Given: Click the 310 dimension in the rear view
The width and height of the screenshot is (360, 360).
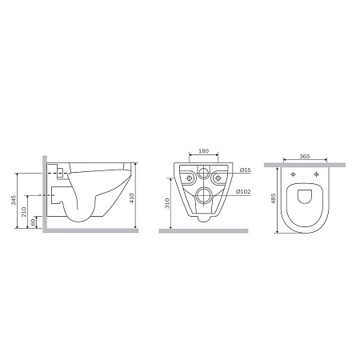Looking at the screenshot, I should [x=166, y=206].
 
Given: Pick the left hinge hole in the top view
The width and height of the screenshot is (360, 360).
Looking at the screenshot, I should [x=294, y=175].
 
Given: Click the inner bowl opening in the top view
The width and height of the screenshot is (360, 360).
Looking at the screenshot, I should [x=305, y=201].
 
